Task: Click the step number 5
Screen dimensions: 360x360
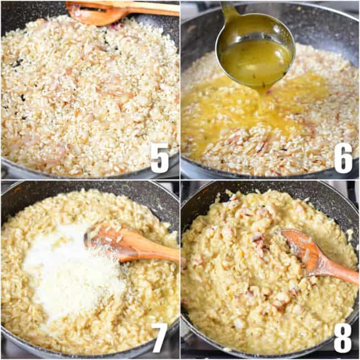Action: tap(160, 158)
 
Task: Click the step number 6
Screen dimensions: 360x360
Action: tap(343, 158)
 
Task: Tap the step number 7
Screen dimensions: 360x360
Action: tap(160, 337)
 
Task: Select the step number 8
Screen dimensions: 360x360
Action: tap(343, 337)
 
